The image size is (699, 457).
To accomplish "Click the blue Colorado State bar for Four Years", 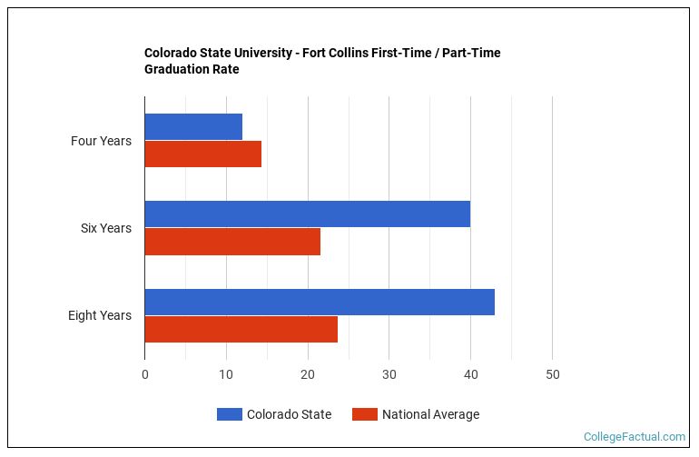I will coord(193,127).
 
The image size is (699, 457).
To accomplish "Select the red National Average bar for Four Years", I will coord(202,154).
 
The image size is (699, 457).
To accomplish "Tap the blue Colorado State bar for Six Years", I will coord(307,214).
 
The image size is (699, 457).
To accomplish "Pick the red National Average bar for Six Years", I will coord(232,242).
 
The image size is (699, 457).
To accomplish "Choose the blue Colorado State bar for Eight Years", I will coord(320,302).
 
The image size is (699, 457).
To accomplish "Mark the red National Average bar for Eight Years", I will coord(241,329).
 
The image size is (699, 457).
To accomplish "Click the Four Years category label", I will coord(101,141).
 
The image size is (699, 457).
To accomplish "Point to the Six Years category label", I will coord(105,228).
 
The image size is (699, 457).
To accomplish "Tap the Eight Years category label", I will coord(99,315).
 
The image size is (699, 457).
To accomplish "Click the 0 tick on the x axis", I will coord(145,375).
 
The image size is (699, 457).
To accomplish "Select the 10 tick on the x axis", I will coord(226,375).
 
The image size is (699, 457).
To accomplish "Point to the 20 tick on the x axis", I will coord(308,375).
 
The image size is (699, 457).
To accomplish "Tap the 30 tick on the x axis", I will coord(389,375).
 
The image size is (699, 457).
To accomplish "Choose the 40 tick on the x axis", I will coord(470,375).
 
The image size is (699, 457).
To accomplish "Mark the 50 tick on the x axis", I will coord(552,375).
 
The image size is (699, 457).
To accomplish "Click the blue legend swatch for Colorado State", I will coord(229,414).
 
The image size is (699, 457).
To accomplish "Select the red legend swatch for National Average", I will coord(365,414).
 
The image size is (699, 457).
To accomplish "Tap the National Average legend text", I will coord(430,414).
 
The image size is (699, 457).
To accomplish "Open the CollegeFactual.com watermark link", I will coord(634,437).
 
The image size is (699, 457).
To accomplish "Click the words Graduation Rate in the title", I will coord(192,69).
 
